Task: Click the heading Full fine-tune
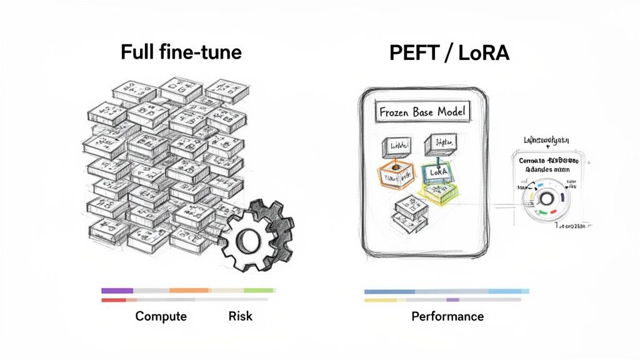coord(181,52)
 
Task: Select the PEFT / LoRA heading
coord(449,53)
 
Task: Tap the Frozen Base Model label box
coord(422,112)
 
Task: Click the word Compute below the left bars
coord(161,316)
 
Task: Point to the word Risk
coord(241,316)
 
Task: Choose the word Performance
coord(447,316)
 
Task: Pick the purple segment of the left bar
coord(117,291)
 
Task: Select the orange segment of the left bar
coord(189,291)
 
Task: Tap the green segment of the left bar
coord(259,291)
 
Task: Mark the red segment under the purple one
coord(114,300)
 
